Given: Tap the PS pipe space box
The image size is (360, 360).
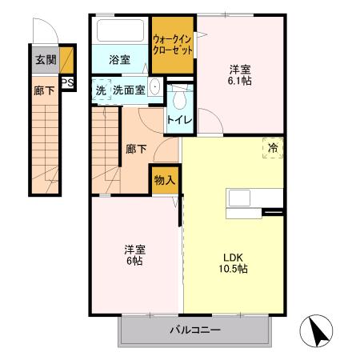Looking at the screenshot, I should (68, 81).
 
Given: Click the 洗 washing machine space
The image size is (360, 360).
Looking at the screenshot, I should (100, 90).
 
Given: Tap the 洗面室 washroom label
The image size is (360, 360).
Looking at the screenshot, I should (128, 90).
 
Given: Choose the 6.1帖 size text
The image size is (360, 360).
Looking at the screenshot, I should (241, 81).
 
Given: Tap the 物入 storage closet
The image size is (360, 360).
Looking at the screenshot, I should (164, 180).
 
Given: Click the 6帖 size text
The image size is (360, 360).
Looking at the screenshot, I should (133, 261).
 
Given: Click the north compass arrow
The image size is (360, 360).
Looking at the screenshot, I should (318, 330).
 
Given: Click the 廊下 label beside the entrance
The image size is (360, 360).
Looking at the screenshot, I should (44, 90).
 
